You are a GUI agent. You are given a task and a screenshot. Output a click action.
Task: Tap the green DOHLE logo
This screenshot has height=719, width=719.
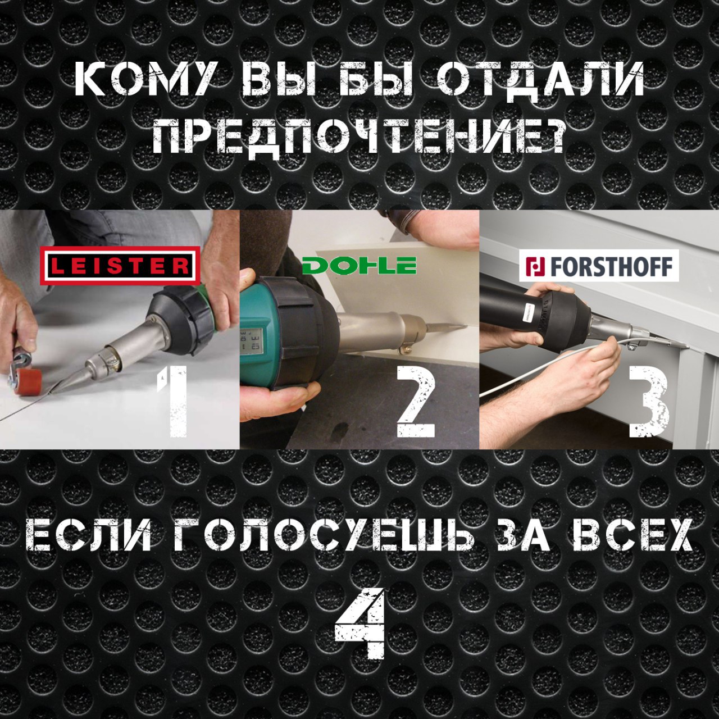[359, 265]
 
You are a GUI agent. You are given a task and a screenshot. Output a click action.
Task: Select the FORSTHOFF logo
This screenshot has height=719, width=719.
[599, 265]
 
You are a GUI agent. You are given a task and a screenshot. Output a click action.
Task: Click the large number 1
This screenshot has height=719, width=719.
[173, 401]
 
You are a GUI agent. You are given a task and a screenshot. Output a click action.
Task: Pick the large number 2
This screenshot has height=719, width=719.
[416, 401]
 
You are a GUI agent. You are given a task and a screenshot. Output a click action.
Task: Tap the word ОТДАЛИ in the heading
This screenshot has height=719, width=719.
[540, 79]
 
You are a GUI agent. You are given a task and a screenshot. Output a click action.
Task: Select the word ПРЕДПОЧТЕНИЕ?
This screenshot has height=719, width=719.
[359, 138]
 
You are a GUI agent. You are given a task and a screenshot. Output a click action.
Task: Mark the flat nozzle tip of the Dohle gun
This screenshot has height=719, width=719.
[465, 327]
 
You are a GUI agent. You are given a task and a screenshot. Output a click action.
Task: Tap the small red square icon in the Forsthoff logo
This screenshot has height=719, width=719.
[535, 266]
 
